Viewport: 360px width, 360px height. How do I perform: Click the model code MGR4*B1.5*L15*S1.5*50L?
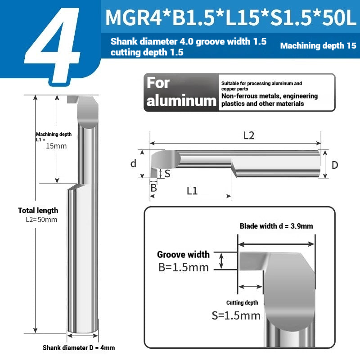tap(231, 18)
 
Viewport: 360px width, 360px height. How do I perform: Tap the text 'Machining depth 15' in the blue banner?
tap(318, 46)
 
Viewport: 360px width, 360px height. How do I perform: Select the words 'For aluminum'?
tap(181, 92)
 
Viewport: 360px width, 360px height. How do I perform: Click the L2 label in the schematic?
tap(249, 136)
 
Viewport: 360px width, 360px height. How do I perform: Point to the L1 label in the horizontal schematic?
tap(192, 191)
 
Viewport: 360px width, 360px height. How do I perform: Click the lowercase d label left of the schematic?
tap(133, 163)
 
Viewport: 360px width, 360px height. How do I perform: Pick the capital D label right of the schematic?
tap(335, 165)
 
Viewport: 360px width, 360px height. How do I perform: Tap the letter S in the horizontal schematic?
tap(167, 174)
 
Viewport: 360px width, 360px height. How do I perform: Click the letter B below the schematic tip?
tap(154, 188)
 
